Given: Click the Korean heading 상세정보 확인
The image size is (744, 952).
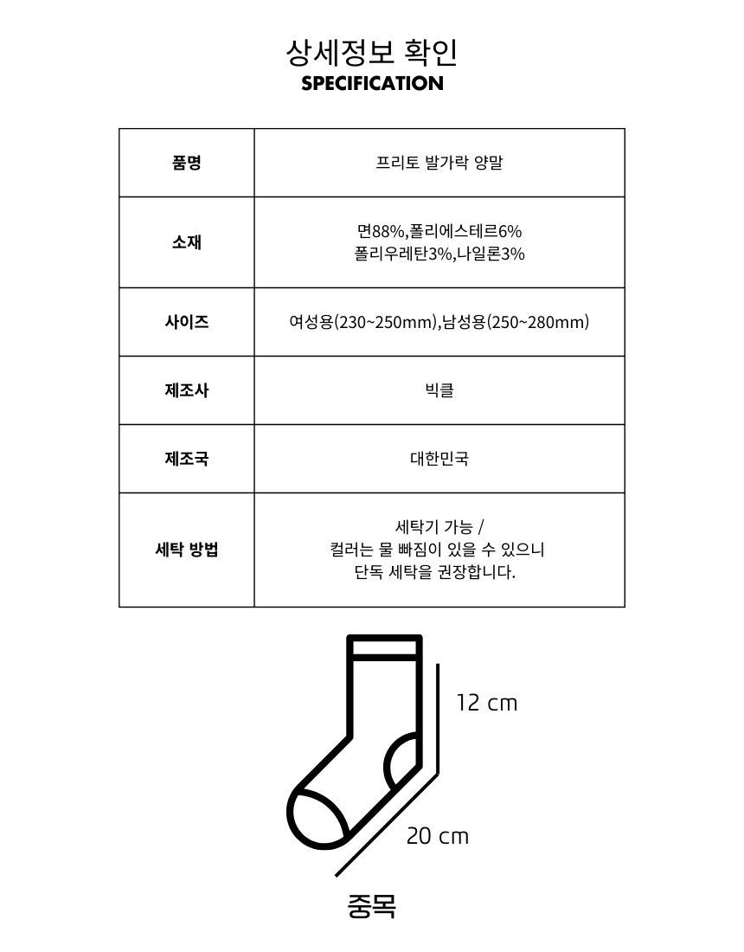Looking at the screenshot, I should pyautogui.click(x=372, y=53).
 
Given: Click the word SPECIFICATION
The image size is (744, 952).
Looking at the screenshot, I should pyautogui.click(x=372, y=84).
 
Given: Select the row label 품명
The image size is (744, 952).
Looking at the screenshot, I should pyautogui.click(x=187, y=163).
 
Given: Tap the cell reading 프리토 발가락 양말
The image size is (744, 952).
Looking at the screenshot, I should pyautogui.click(x=439, y=163).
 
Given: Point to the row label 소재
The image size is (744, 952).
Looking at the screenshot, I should pyautogui.click(x=187, y=242).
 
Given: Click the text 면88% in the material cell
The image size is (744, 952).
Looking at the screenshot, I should pyautogui.click(x=381, y=231).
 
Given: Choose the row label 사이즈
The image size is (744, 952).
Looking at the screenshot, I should pyautogui.click(x=187, y=322).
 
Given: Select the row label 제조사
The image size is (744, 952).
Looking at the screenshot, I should pyautogui.click(x=187, y=390).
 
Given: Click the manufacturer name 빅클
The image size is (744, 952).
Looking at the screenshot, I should pyautogui.click(x=439, y=390).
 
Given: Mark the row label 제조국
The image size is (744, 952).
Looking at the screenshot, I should pyautogui.click(x=187, y=459).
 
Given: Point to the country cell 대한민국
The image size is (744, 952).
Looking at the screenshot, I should pyautogui.click(x=439, y=459).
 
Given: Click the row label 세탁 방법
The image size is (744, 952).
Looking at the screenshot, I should pyautogui.click(x=187, y=550).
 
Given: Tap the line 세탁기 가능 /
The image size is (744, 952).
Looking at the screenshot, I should pyautogui.click(x=439, y=527).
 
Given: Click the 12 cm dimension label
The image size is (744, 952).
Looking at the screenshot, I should pyautogui.click(x=486, y=703).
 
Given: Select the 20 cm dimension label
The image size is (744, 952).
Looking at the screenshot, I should pyautogui.click(x=437, y=836).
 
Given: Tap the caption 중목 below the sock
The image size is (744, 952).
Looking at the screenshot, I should pyautogui.click(x=371, y=905).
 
